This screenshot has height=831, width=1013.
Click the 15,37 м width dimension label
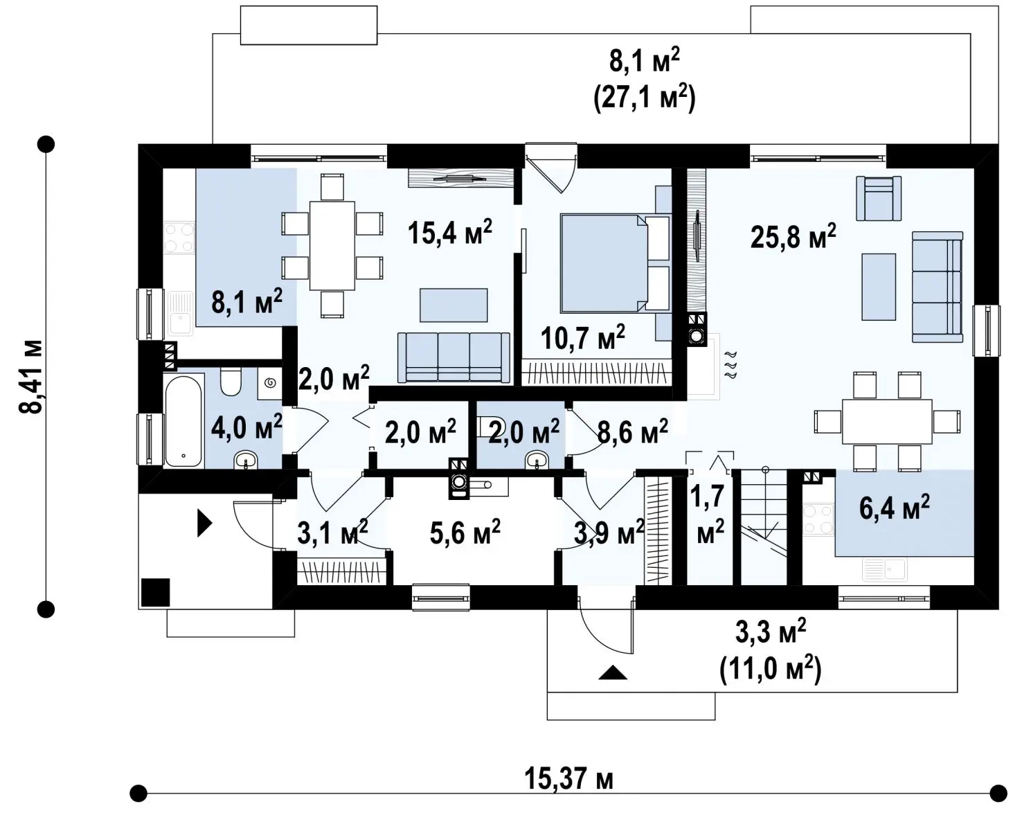click(x=568, y=778)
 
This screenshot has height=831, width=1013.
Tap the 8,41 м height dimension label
click(x=30, y=377)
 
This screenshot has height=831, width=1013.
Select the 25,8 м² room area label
click(x=794, y=236)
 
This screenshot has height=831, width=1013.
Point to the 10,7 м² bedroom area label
click(x=583, y=337)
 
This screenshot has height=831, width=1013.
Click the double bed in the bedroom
click(x=615, y=262)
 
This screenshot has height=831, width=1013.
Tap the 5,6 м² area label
click(x=465, y=533)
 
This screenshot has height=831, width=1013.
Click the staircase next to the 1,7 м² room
click(x=763, y=527)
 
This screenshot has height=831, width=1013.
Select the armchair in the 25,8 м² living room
click(x=879, y=198)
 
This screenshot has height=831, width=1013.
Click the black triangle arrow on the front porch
click(x=613, y=672)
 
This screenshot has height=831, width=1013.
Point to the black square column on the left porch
click(x=155, y=593)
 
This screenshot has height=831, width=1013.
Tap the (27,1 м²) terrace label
click(x=644, y=98)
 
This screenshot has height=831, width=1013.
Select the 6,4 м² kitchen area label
click(x=895, y=507)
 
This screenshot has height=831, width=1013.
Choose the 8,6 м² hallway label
click(x=633, y=431)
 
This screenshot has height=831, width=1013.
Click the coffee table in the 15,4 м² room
click(x=454, y=305)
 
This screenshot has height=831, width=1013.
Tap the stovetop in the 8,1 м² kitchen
click(x=179, y=238)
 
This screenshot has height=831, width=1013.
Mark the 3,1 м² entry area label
click(x=332, y=533)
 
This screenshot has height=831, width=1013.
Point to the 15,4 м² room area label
click(x=450, y=233)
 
